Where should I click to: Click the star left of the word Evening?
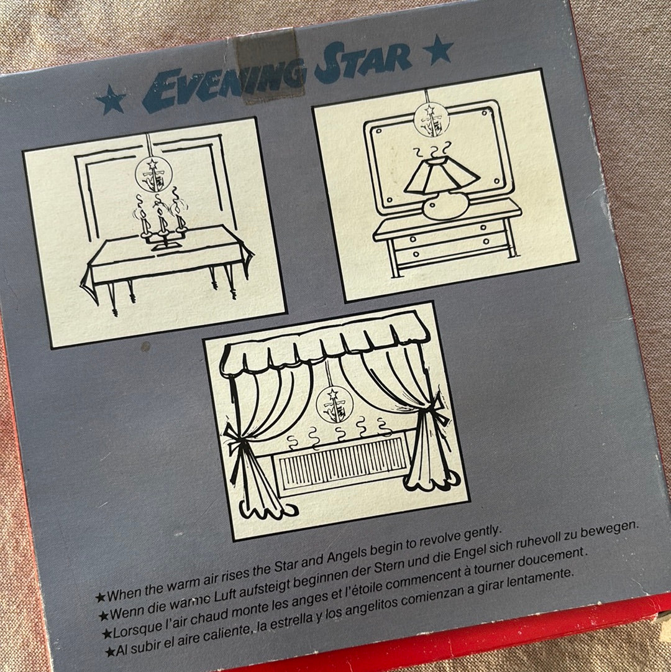tap(111, 99)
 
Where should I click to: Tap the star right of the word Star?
tap(438, 50)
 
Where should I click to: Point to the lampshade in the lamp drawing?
tap(442, 175)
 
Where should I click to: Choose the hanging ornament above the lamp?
tap(432, 119)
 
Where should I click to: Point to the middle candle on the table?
tap(162, 219)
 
